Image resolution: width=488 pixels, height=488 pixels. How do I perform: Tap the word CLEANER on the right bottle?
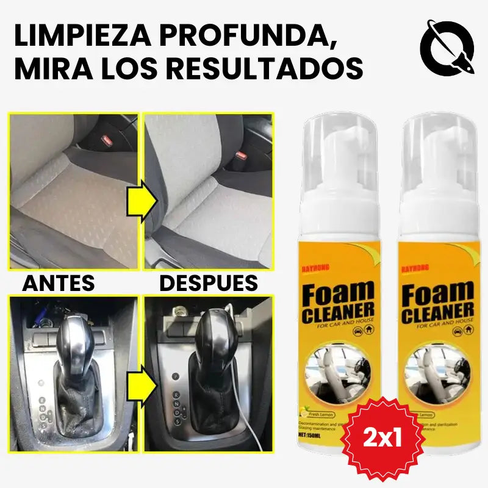pyautogui.click(x=438, y=312)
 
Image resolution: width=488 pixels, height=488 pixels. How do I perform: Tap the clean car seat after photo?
pyautogui.click(x=207, y=189)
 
